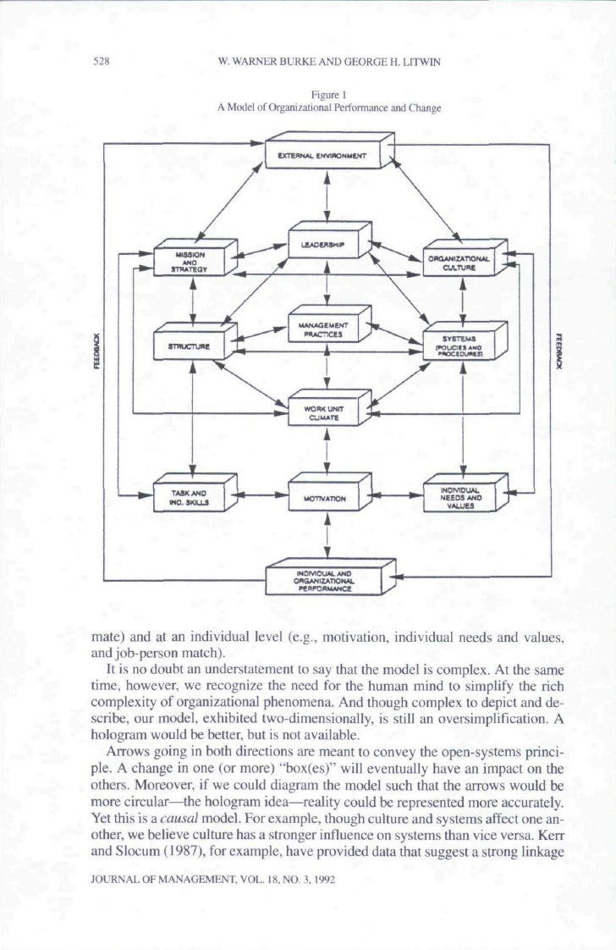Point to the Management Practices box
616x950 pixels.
click(322, 325)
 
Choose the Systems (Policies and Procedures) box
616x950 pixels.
click(462, 345)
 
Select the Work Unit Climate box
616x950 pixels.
click(322, 412)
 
